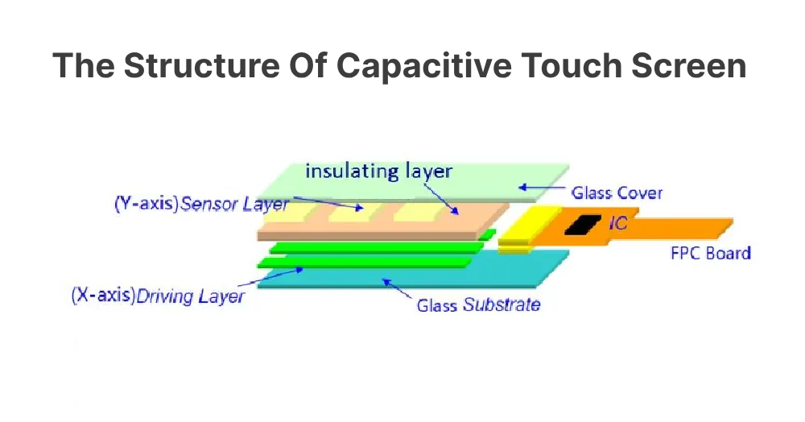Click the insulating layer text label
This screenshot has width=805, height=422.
pos(378,171)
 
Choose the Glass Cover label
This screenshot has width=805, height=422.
pos(617,193)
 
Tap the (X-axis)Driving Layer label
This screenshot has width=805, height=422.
pos(158,296)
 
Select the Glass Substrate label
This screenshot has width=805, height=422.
pos(478,305)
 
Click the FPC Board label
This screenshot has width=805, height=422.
pos(711,253)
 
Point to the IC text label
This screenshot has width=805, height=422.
pos(617,223)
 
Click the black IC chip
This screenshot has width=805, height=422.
pos(581,225)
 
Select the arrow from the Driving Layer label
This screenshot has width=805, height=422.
pos(278,276)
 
